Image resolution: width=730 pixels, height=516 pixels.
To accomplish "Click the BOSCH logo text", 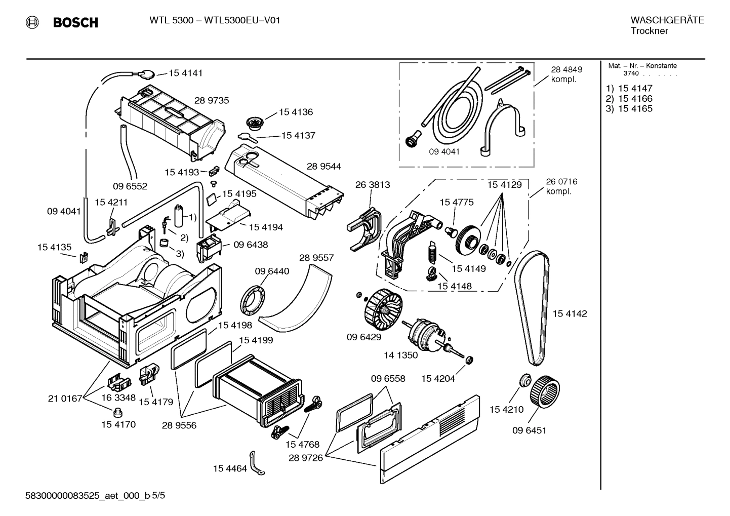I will click(75, 22).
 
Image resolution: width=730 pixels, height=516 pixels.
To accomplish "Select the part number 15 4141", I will click(185, 73).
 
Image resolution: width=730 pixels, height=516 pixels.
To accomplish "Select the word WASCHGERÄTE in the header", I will click(667, 20).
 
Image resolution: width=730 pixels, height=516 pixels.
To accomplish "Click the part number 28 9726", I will click(305, 458).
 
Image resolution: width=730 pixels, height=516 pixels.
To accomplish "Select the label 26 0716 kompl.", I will click(561, 186).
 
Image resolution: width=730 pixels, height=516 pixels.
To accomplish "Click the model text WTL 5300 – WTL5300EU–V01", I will click(215, 20).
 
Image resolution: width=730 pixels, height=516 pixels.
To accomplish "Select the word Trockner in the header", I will click(649, 31).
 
